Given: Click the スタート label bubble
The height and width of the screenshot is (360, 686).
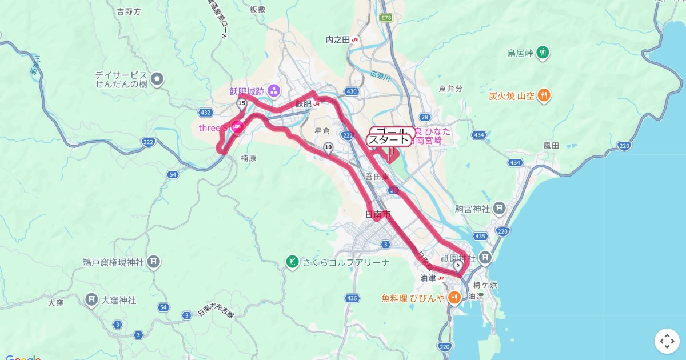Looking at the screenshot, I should click(x=389, y=141).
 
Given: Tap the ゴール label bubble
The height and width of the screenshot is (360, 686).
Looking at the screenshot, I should click(x=392, y=131).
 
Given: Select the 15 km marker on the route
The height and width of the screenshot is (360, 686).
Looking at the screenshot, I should click(x=241, y=103).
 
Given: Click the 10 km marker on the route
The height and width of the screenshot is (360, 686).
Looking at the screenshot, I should click(x=328, y=147).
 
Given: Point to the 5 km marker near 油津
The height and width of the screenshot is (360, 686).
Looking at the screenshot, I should click(x=457, y=265).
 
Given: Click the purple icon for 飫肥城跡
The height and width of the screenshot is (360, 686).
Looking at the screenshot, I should click(x=274, y=91).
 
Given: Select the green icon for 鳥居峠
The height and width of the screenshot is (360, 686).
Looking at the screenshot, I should click(x=543, y=53).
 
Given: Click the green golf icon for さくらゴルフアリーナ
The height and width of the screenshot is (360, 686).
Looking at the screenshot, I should click(x=292, y=262).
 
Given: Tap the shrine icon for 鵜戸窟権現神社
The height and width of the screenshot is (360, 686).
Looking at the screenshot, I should click(x=153, y=262).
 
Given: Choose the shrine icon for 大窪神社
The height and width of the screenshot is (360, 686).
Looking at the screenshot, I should click(x=91, y=299).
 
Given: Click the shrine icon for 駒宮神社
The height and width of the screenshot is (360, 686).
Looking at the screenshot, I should click(x=499, y=209).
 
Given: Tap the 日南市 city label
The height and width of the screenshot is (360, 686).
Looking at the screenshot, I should click(x=378, y=215).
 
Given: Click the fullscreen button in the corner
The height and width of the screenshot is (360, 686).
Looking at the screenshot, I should click(x=667, y=341).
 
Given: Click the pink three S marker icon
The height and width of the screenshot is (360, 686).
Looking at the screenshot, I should click(x=237, y=127).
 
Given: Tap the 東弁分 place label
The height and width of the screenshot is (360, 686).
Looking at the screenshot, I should click(x=450, y=89).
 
